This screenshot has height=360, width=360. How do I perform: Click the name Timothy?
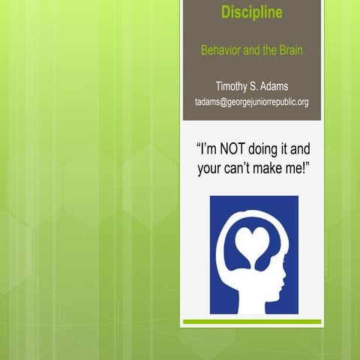(233, 86)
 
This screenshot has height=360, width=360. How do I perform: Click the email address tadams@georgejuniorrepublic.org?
(251, 102)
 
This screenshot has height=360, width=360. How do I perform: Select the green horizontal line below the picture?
(252, 322)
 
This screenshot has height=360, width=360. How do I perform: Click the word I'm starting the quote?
(205, 148)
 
